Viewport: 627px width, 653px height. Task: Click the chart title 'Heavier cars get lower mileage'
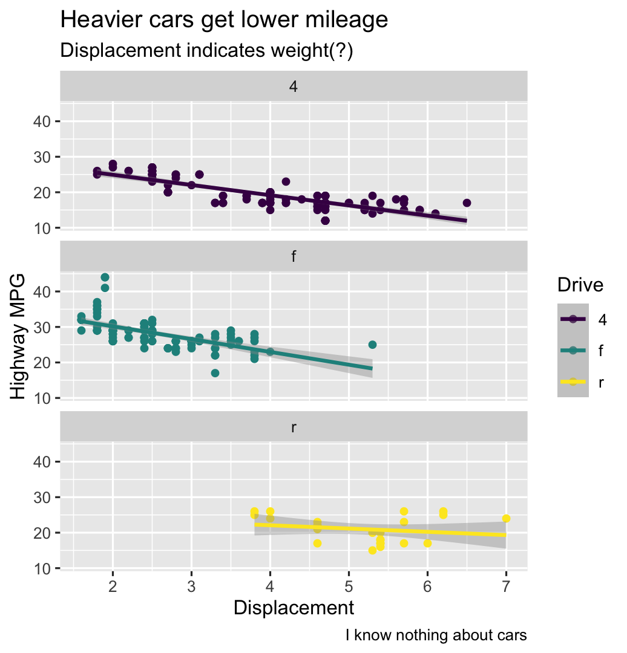tap(224, 21)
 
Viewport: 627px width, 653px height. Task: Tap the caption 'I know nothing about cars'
tap(436, 635)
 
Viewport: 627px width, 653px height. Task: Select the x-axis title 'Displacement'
tap(294, 608)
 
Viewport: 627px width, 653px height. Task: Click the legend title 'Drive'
tap(580, 285)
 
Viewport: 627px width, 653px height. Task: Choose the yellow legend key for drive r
tap(573, 382)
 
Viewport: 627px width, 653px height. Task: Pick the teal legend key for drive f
tap(573, 351)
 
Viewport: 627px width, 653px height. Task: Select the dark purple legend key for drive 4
tap(573, 319)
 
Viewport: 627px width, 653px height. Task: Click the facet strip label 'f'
tap(294, 256)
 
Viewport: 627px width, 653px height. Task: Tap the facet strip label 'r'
tap(294, 427)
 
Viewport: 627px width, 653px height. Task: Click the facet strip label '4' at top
tap(294, 86)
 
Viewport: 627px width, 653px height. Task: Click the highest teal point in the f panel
tap(105, 278)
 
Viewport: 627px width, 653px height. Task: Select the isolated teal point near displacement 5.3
tap(372, 345)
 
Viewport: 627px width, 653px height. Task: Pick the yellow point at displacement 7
tap(506, 518)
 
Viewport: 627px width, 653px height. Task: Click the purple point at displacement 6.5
tap(467, 203)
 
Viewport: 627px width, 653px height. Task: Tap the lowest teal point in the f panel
tap(215, 373)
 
